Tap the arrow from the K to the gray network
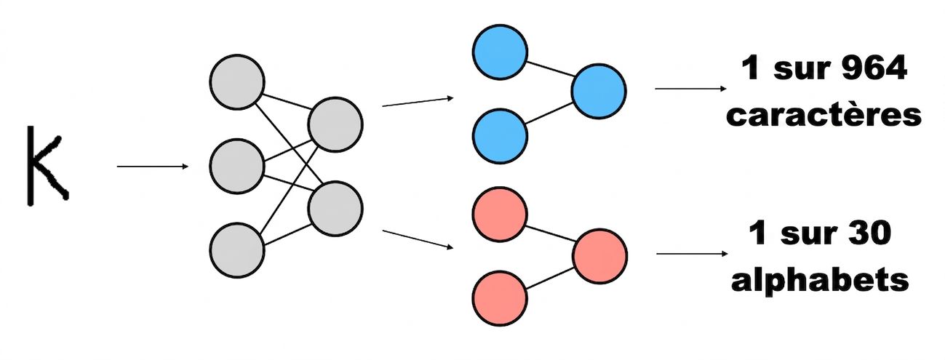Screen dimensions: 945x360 pos(153,167)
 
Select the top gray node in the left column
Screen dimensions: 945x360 pos(237,82)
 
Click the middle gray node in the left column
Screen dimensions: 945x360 pos(237,167)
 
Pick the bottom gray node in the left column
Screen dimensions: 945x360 pos(237,250)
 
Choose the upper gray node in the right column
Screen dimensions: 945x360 pos(335,125)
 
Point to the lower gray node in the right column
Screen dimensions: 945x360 pos(335,209)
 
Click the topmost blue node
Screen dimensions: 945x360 pos(500,52)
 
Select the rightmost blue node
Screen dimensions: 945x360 pos(599,92)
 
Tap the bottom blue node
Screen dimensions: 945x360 pos(500,136)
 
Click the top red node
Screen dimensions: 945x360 pos(500,215)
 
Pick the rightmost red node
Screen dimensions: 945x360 pos(600,256)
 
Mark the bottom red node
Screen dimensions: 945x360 pos(500,298)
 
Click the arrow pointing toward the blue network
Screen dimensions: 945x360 pos(418,102)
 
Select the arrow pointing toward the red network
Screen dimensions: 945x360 pos(418,239)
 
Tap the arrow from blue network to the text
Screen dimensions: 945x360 pos(690,89)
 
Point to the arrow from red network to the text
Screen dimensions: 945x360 pos(693,254)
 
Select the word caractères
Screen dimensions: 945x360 pos(824,115)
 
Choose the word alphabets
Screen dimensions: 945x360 pos(820,279)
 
